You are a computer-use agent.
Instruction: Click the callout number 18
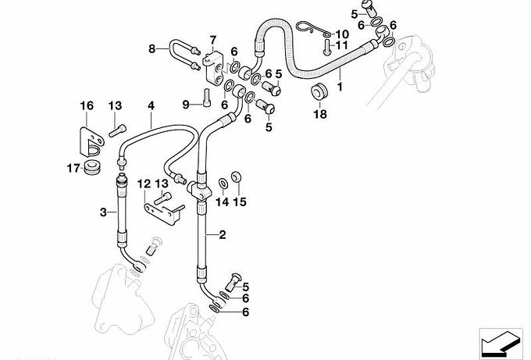coord(319,115)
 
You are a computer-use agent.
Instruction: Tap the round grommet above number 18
coord(319,93)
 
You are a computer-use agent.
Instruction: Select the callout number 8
coord(153,48)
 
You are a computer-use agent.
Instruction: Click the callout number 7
coord(212,39)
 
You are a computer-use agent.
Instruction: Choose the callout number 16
coord(86,105)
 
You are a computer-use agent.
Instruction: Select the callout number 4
coord(151,105)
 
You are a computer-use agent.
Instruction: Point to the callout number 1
coord(340,80)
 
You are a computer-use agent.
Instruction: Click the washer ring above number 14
coord(223,184)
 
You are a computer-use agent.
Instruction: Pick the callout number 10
coord(344,34)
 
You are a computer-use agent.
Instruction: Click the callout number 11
coord(343,46)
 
